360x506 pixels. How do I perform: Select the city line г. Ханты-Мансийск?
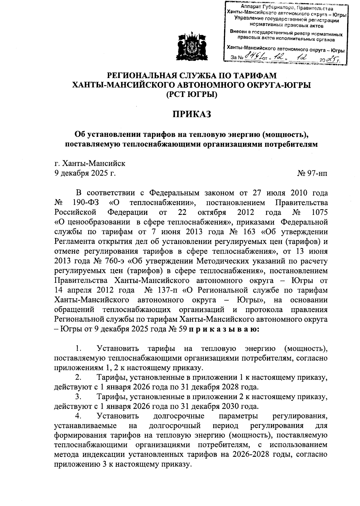pos(90,164)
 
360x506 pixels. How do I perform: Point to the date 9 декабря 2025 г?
pos(85,173)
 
